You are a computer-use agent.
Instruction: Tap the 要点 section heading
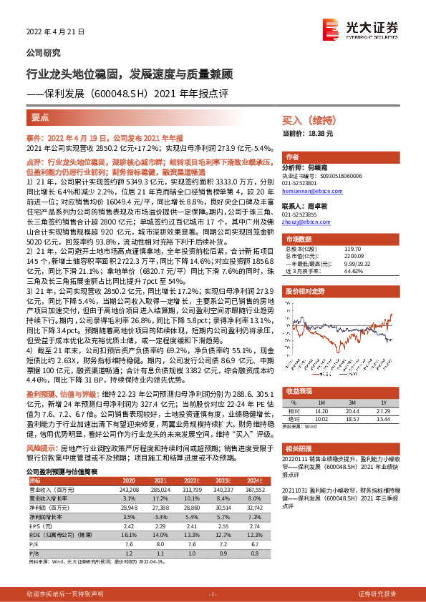point(41,117)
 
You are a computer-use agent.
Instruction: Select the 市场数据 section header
point(299,239)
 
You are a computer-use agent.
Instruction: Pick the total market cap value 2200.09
point(336,257)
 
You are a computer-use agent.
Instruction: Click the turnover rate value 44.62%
point(336,272)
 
